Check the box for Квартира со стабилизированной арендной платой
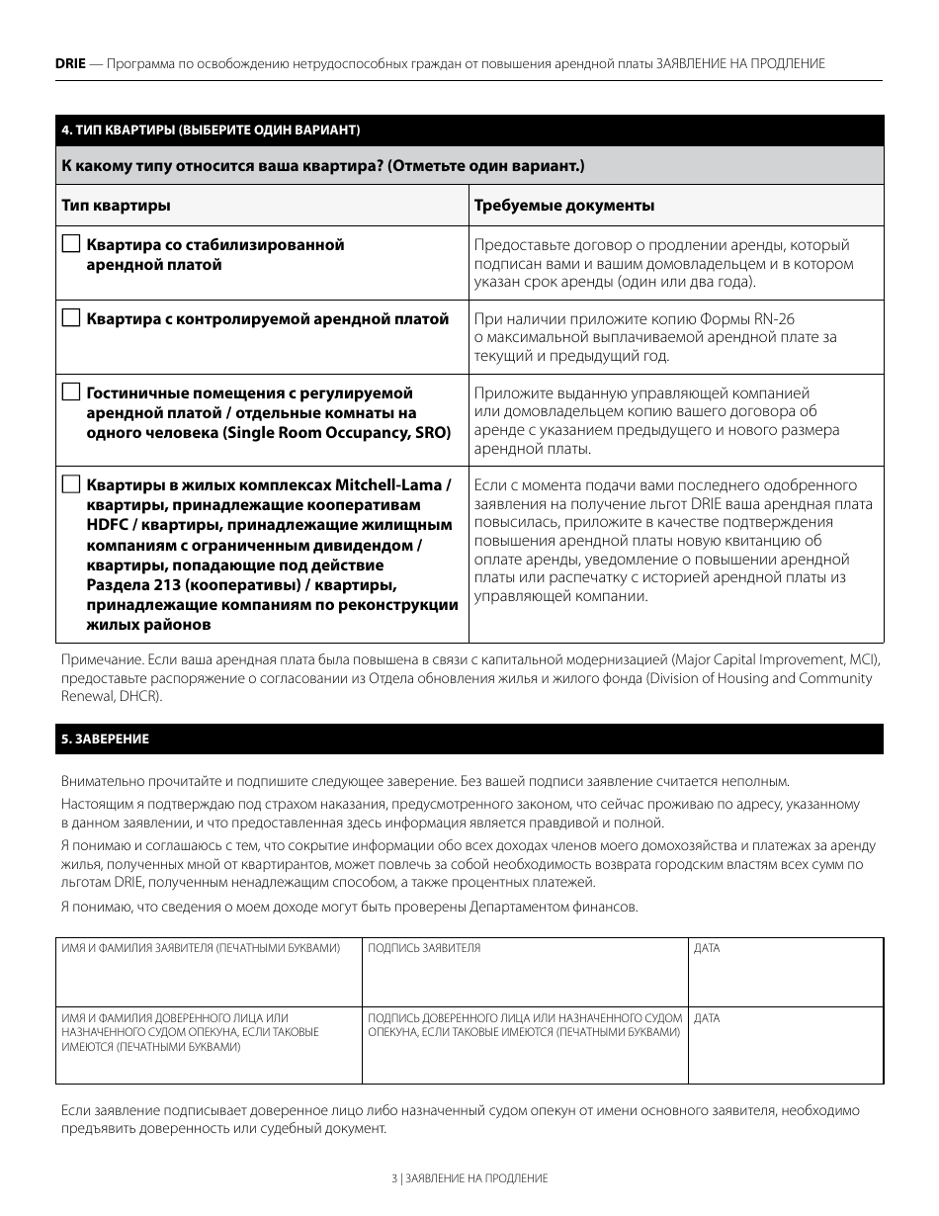tap(70, 243)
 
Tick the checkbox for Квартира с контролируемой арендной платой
tap(70, 317)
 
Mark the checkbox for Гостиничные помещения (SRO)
tap(70, 391)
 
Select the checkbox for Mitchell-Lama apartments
tap(70, 484)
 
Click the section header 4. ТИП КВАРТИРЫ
tap(211, 130)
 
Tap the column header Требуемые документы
tap(564, 206)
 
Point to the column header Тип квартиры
tap(116, 206)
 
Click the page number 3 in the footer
tap(393, 1178)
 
